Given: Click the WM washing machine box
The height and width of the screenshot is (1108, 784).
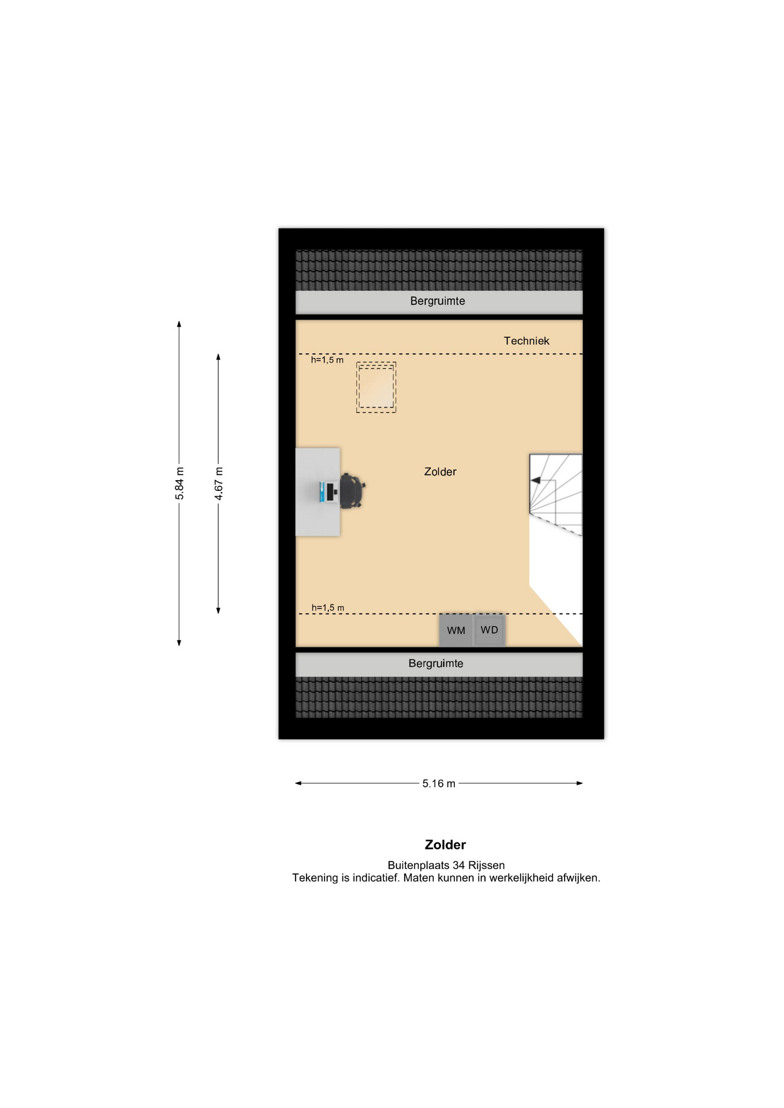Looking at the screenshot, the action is coord(456,630).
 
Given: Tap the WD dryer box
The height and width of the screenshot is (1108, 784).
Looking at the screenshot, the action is coord(490,630).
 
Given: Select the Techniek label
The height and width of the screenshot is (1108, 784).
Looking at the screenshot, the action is coord(527,341).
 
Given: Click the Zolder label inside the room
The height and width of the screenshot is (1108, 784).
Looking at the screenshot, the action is coord(440,471).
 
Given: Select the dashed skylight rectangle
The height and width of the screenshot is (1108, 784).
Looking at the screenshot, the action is coord(376,387).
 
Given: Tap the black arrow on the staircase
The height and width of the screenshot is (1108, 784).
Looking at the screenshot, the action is coord(535,480).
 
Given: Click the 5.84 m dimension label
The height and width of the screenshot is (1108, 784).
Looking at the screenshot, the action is coord(180,484).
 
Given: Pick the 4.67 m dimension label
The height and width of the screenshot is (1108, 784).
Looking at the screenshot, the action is coord(219,483).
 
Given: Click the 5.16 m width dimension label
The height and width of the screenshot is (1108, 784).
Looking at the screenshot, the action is coord(439,783).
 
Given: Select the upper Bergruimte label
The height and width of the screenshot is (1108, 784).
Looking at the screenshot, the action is coord(438,301).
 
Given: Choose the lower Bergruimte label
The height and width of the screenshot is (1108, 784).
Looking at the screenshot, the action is coord(436,664).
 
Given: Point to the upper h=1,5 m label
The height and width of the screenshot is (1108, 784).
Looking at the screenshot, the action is coord(327,360).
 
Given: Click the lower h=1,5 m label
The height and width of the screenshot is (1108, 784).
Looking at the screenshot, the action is coord(328,608).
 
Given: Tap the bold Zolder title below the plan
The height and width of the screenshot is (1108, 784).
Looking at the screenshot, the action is coord(445,845).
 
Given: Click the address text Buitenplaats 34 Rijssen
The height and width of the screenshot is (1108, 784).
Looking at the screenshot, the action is coord(446,865).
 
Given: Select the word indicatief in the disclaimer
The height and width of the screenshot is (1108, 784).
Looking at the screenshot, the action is coord(376,878).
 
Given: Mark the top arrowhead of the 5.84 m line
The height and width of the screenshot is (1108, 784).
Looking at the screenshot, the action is coord(179,324).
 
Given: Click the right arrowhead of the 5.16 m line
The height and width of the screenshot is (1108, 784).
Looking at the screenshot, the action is coord(580,783).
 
